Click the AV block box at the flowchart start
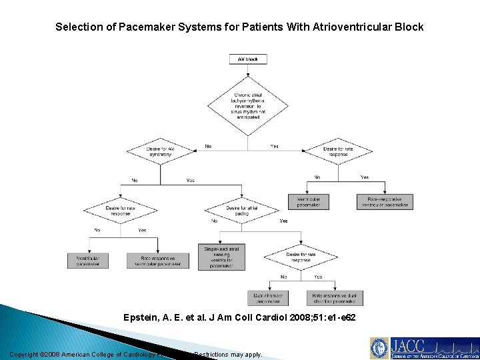248,59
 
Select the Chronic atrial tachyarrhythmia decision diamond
248,105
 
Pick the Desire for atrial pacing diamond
242,211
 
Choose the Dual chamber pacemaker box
268,297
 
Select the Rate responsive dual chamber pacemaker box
335,297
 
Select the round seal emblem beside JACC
380,348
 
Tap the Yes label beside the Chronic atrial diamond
275,146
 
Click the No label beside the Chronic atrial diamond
209,146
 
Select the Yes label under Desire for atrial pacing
284,221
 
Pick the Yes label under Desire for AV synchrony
191,181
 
